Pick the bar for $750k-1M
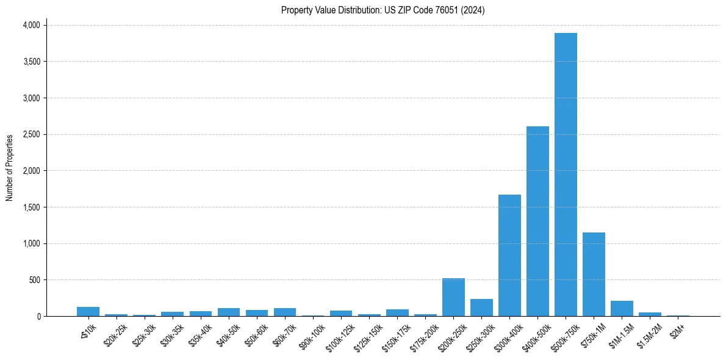pos(594,274)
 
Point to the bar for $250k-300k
pos(481,308)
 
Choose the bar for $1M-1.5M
pos(622,309)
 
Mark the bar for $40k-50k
pos(229,312)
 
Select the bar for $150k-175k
pos(397,312)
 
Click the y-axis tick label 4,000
pos(31,25)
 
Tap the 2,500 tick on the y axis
pos(31,134)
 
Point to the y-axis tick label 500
pos(35,280)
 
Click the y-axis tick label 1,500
pos(31,207)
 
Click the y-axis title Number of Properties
pos(10,168)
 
